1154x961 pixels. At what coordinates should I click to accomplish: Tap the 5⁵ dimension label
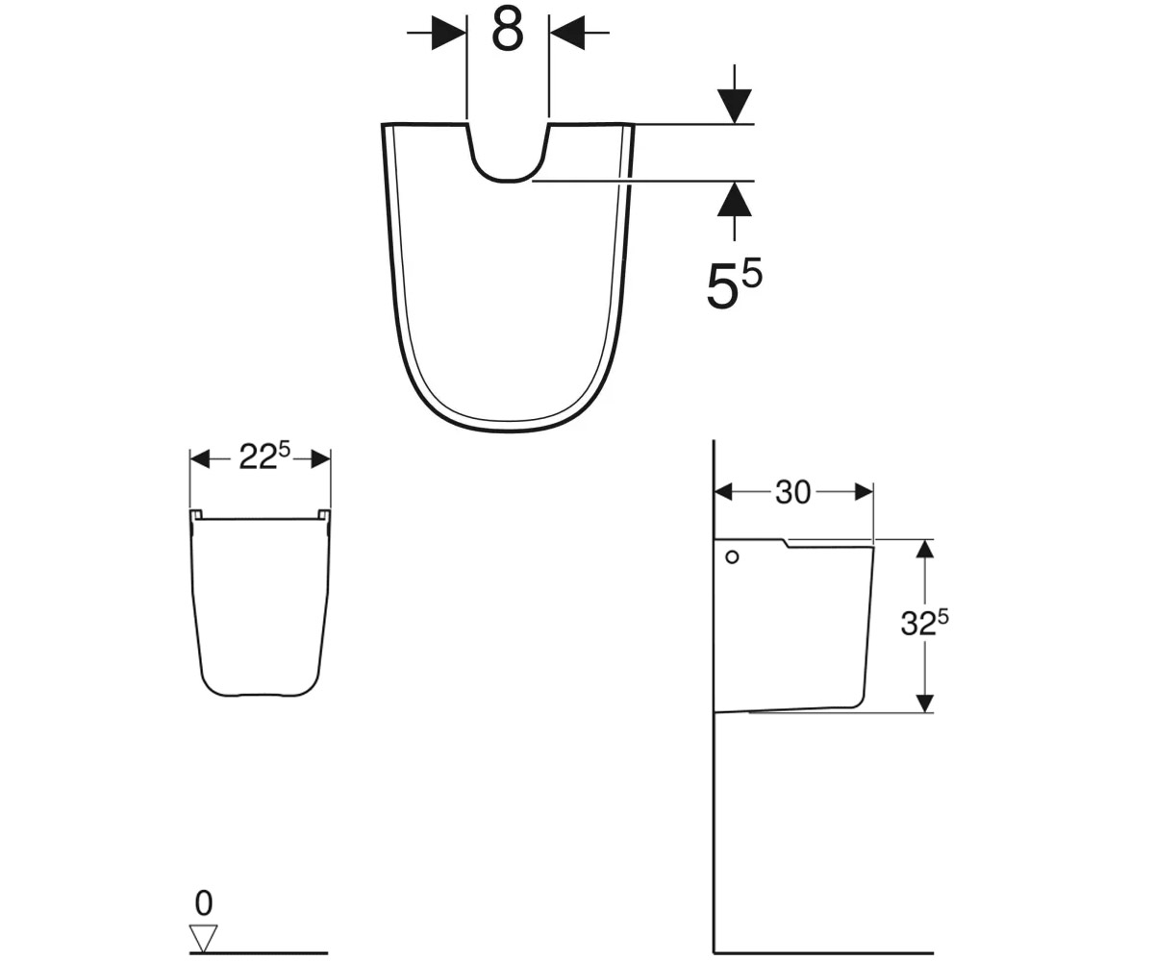point(735,283)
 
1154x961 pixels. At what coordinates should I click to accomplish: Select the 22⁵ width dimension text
point(264,456)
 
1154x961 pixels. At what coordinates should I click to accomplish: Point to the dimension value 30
point(793,492)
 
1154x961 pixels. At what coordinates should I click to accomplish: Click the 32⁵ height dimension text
point(924,623)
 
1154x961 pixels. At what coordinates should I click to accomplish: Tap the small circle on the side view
point(732,557)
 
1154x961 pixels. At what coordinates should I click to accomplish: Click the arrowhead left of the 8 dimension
point(449,33)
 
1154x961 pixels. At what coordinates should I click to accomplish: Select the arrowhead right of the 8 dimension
point(567,33)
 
